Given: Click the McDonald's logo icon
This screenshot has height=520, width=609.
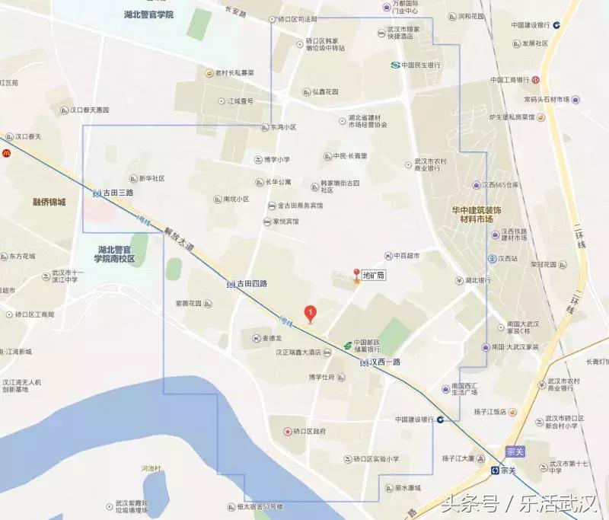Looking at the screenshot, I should (x=6, y=153).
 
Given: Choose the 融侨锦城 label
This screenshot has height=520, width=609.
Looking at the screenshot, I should (x=49, y=202).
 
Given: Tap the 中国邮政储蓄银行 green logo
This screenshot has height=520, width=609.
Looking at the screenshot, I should (x=348, y=344).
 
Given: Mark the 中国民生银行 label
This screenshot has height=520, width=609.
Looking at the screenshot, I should (x=421, y=65).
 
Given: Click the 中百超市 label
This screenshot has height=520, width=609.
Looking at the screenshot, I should (x=407, y=255).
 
